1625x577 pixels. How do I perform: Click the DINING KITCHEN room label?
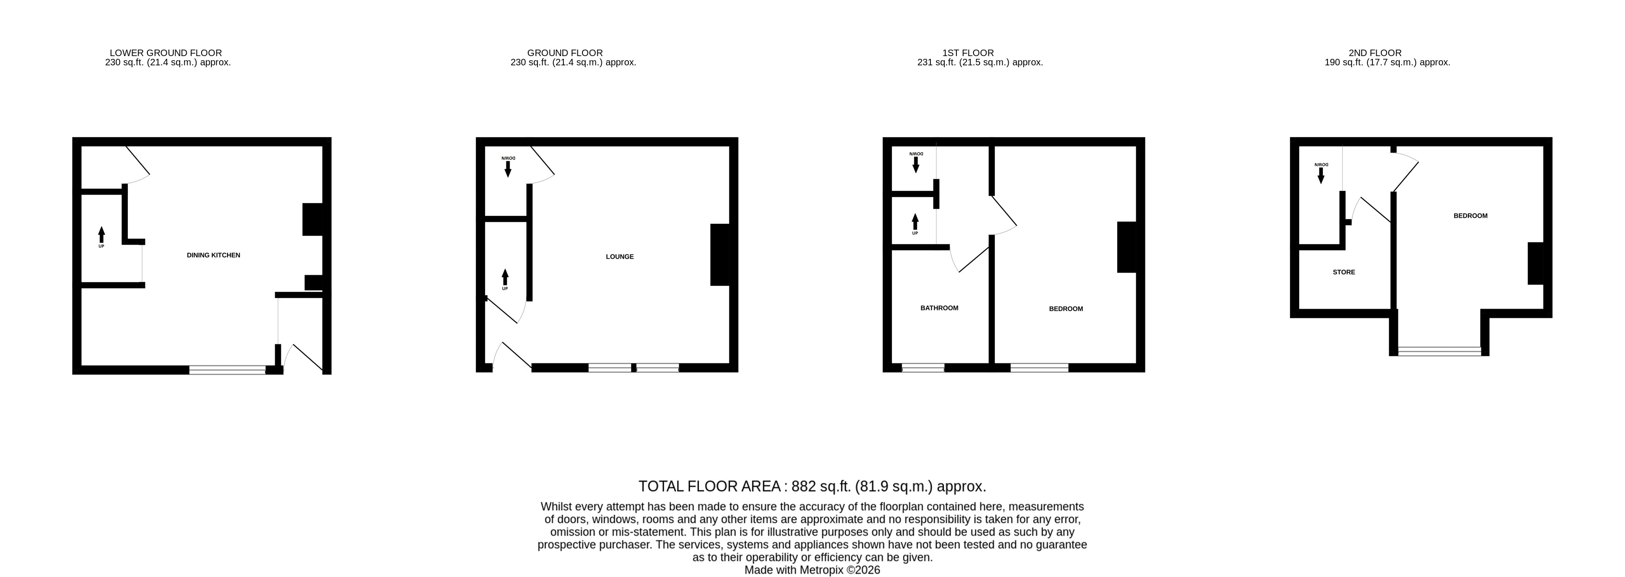click(213, 255)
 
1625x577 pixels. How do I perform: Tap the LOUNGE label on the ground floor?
click(620, 256)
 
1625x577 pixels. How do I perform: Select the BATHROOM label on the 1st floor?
click(939, 308)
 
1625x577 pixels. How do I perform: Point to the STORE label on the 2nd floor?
click(1344, 272)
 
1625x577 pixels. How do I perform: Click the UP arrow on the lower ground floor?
click(101, 235)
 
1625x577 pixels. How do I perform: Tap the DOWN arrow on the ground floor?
click(508, 169)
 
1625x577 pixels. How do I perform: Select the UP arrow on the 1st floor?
click(915, 222)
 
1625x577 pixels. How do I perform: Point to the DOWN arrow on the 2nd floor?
click(1321, 176)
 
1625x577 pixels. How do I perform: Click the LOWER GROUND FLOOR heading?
click(166, 53)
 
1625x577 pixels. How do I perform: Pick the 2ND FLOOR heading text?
click(1375, 53)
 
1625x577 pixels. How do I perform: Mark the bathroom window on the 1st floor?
click(923, 368)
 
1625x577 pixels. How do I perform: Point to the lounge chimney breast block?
click(720, 255)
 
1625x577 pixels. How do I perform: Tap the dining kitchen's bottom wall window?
click(228, 370)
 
